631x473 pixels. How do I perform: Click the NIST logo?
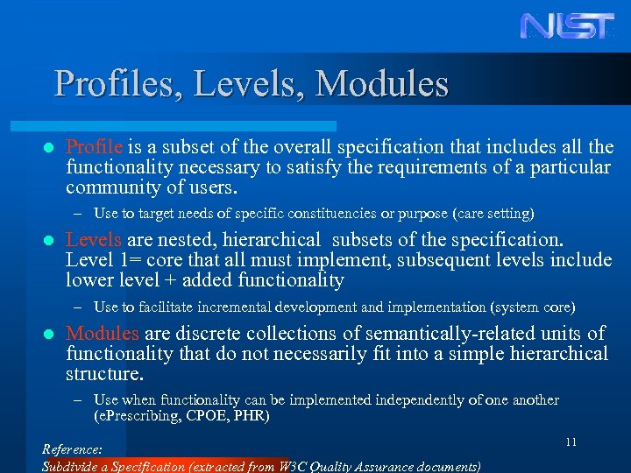coord(568,25)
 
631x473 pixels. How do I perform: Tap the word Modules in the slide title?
coord(382,84)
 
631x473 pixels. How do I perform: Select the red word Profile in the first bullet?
coord(97,146)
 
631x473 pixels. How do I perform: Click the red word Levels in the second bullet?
coord(98,240)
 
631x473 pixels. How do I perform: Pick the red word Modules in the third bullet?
coord(103,334)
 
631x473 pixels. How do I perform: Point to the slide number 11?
coord(571,442)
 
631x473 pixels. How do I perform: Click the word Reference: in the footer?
coord(73,449)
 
